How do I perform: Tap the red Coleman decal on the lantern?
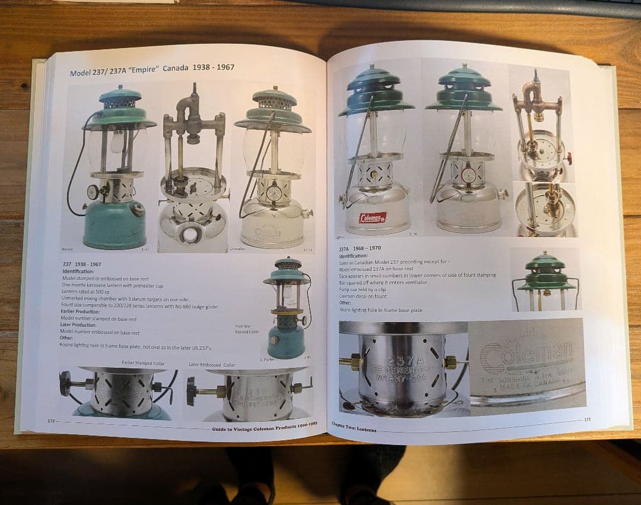pos(372,217)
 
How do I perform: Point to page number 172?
pos(51,420)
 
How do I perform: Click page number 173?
pos(587,419)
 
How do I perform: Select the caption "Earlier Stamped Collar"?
pos(144,362)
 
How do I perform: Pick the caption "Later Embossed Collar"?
pos(212,364)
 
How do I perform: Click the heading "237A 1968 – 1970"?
pos(361,250)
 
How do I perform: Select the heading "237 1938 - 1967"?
pos(82,263)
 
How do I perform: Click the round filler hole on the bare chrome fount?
pos(189,235)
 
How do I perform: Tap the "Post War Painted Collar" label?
pos(247,330)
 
